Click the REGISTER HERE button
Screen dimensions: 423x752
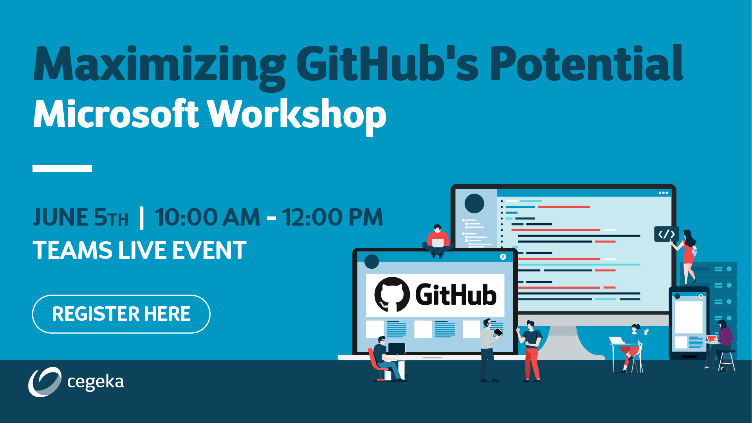pos(121,314)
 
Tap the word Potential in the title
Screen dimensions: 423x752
pos(586,63)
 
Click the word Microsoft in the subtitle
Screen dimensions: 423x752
pos(116,114)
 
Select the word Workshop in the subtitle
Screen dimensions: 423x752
pos(296,114)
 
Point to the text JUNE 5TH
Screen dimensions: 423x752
pos(80,217)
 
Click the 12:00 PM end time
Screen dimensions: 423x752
pos(332,217)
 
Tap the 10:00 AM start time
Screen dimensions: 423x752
pos(207,217)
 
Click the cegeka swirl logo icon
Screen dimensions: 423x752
pos(45,382)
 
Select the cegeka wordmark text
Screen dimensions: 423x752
pos(96,382)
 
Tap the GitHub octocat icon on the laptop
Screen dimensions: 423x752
pos(392,295)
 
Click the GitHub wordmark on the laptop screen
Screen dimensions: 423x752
pos(456,295)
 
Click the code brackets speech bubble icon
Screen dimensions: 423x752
pos(666,234)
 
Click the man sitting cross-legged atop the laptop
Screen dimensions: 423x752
pos(438,241)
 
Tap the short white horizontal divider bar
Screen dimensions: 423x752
pos(62,168)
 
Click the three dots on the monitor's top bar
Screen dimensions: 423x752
pos(663,193)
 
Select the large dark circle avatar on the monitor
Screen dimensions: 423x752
pos(474,204)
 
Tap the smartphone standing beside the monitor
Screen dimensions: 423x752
pos(689,323)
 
